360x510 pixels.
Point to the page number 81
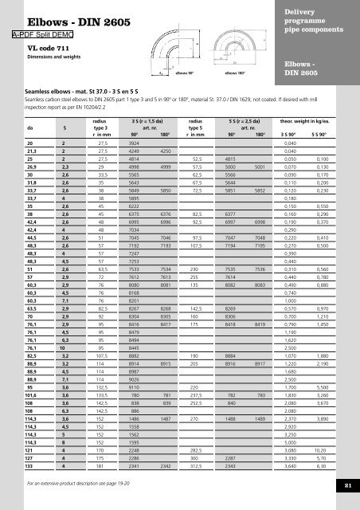coord(347,484)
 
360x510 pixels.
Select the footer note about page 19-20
coord(80,484)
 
